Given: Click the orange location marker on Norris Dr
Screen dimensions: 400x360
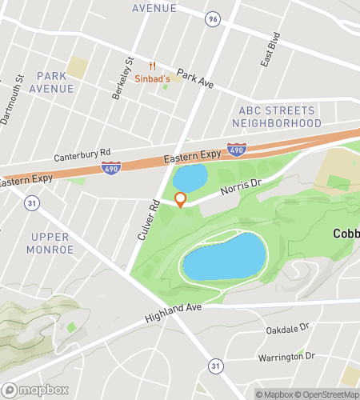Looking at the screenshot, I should click(x=180, y=199).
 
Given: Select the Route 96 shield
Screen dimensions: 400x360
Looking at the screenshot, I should click(x=212, y=18).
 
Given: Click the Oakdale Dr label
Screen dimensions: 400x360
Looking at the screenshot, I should click(x=287, y=328).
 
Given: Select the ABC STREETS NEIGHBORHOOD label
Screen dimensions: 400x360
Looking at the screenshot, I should click(x=277, y=117).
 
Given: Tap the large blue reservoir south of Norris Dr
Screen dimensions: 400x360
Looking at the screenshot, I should click(x=223, y=257).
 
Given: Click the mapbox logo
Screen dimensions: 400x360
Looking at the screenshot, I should click(x=35, y=390).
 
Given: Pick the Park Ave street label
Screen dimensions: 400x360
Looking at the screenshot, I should click(x=196, y=78).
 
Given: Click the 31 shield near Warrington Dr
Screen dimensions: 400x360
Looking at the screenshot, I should click(x=214, y=366).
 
